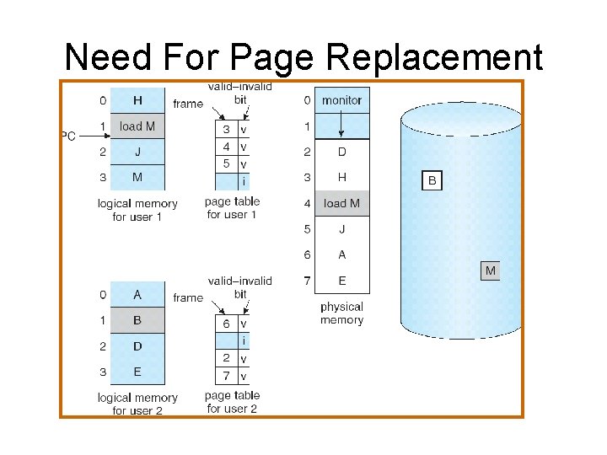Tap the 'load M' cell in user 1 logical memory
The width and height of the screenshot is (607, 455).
pos(137,126)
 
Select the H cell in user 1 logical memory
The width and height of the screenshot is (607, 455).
pos(137,100)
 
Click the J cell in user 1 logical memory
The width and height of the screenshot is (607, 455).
pos(137,153)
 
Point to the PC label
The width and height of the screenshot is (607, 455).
pos(67,136)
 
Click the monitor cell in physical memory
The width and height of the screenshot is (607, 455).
pos(341,100)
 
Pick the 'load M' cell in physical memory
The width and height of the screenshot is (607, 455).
pos(341,203)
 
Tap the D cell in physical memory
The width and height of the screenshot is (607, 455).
pos(341,152)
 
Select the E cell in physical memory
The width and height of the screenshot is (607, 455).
pos(341,281)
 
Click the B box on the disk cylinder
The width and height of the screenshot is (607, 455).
pos(432,180)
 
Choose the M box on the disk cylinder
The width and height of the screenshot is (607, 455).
pos(490,270)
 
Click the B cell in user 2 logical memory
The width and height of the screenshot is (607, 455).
pos(137,320)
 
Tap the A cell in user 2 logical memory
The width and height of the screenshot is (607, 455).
pos(137,295)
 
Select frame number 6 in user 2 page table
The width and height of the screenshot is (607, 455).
pos(226,324)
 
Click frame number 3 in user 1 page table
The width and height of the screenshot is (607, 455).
pos(226,130)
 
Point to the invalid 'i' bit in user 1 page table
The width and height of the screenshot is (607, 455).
pos(244,181)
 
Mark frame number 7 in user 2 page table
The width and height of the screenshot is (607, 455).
pos(226,375)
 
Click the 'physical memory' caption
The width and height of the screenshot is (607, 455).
pos(341,313)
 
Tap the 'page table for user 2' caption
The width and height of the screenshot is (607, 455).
pos(232,403)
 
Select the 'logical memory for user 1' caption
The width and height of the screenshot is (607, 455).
pos(137,210)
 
